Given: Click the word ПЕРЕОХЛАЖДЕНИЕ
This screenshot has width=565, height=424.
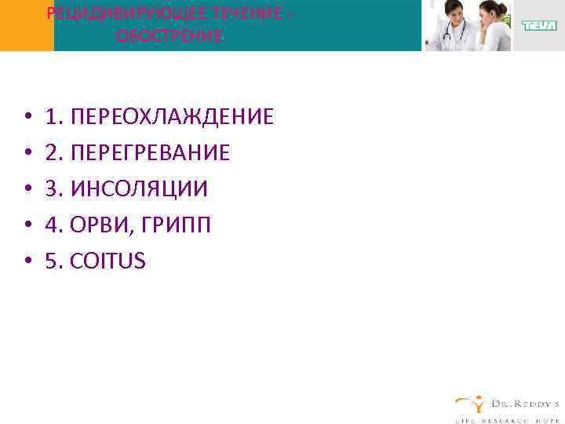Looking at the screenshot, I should click(172, 117).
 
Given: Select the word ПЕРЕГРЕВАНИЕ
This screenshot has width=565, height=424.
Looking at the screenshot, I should click(150, 153).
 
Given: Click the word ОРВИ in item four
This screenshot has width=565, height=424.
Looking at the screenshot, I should click(97, 225).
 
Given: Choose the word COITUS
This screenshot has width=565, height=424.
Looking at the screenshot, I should click(108, 261).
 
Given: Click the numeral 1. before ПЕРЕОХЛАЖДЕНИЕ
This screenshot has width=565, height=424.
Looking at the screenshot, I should click(55, 117).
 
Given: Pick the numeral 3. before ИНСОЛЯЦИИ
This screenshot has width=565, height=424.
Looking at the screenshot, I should click(55, 189).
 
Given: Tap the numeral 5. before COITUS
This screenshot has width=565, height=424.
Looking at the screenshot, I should click(55, 261).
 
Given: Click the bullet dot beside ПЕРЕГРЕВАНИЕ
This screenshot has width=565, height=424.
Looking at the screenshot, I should click(27, 154).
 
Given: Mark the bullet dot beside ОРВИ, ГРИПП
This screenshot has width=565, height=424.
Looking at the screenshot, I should click(27, 226).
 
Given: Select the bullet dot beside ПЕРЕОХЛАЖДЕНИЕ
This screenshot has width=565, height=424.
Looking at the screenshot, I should click(27, 118).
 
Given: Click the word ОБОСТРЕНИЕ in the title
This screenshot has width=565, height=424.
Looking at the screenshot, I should click(169, 36).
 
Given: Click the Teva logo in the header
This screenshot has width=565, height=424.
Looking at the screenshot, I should click(538, 26).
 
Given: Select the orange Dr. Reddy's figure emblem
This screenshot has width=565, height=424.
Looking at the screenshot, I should click(470, 404).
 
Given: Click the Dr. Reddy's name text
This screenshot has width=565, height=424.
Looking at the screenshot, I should click(523, 403).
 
